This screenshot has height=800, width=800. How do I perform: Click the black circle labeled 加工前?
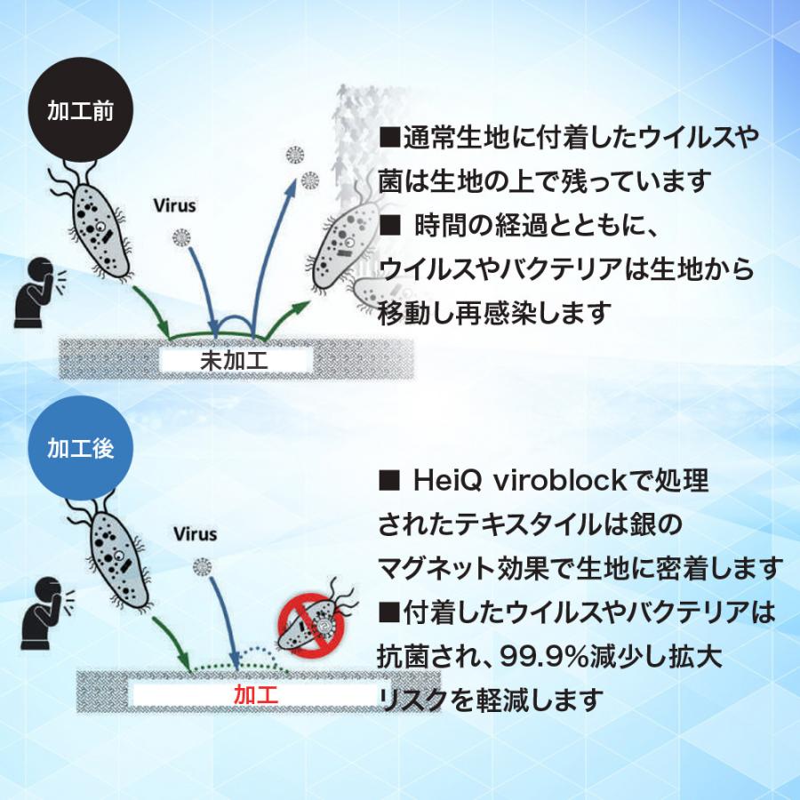tap(81, 109)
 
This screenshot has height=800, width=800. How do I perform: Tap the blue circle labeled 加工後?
tap(81, 448)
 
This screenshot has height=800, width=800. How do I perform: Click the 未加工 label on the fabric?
tap(234, 361)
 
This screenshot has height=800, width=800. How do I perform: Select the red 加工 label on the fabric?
tap(256, 694)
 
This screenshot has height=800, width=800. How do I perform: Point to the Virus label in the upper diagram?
tap(174, 205)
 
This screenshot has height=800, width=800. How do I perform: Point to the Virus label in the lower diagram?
tap(195, 534)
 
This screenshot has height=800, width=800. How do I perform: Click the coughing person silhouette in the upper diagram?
tap(39, 292)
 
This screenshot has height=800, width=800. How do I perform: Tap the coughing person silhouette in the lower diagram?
tap(46, 612)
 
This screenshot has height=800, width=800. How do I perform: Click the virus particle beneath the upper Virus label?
tap(181, 237)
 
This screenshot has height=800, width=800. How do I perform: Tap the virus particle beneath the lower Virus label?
tap(203, 567)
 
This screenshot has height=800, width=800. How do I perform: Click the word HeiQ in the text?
tap(447, 480)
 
